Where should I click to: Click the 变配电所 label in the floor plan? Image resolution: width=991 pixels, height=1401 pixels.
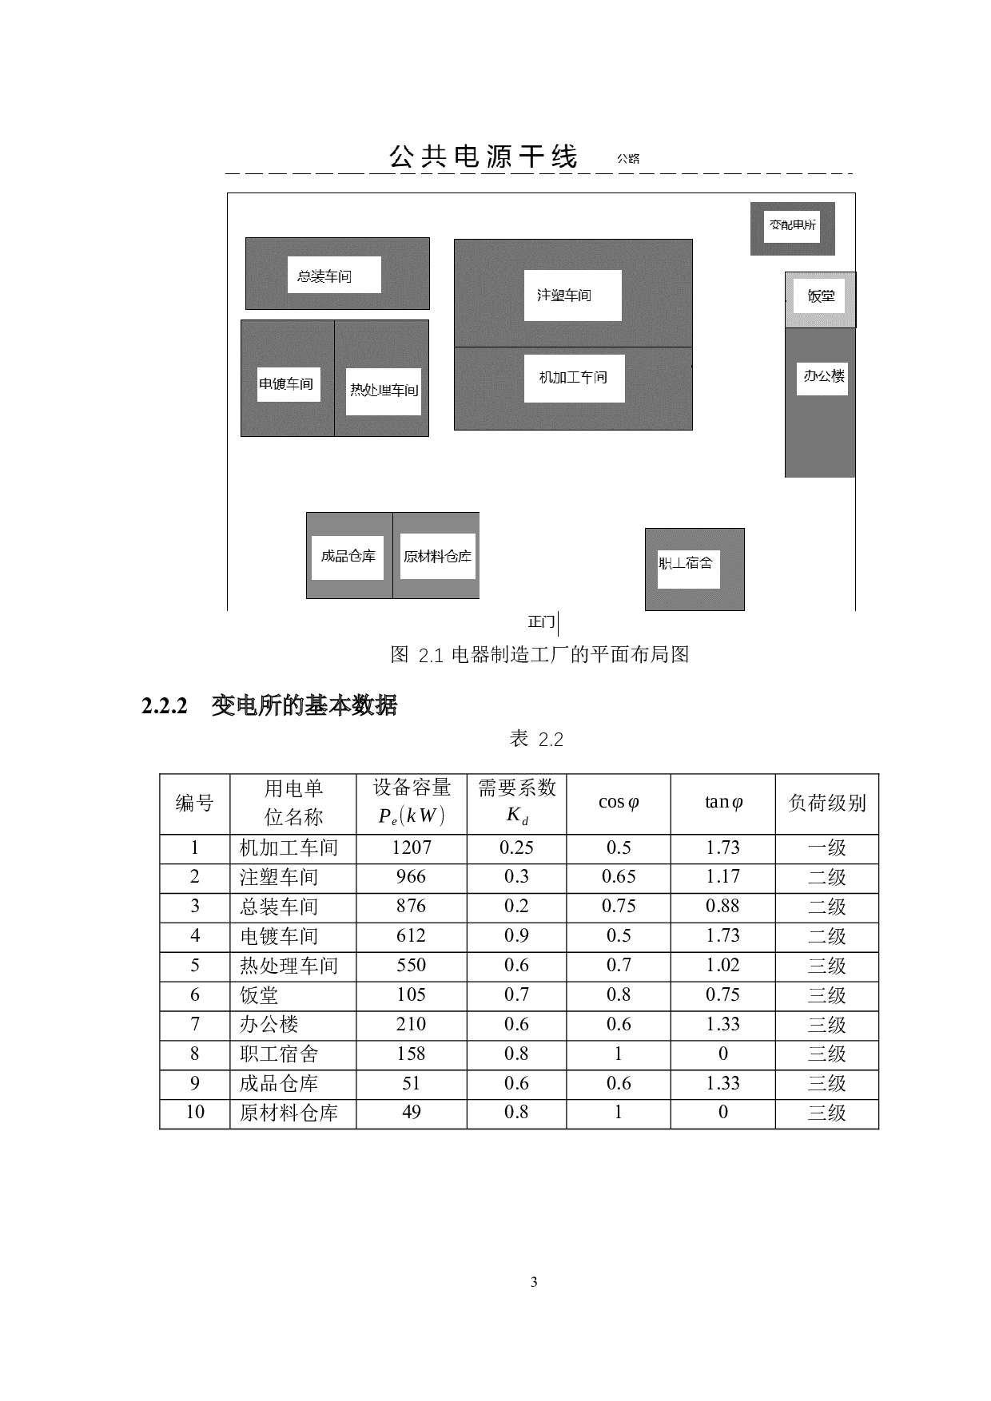(x=793, y=225)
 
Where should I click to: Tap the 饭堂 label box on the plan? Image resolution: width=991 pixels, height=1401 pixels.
(x=821, y=296)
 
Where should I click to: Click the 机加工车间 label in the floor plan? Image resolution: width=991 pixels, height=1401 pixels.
(x=573, y=377)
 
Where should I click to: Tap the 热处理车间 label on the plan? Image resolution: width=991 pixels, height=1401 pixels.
(x=384, y=390)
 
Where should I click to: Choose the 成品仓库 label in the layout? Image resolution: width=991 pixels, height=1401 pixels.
(x=348, y=556)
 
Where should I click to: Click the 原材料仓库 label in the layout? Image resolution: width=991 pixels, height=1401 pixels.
(x=437, y=556)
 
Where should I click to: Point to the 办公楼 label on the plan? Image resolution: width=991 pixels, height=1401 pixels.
(x=824, y=375)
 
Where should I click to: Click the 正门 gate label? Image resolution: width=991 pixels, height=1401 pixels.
(x=541, y=621)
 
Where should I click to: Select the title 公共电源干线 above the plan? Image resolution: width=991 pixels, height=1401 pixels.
(x=484, y=157)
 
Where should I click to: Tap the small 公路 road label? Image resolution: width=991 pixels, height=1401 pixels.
(x=628, y=158)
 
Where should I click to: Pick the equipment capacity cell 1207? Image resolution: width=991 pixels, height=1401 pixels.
(x=412, y=847)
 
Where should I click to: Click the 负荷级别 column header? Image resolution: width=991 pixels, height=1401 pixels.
(x=827, y=803)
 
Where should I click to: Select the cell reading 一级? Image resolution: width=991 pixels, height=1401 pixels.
(x=827, y=848)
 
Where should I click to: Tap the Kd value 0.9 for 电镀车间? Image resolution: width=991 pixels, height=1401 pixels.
(x=516, y=935)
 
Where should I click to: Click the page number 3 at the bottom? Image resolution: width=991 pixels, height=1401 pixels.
(x=534, y=1282)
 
